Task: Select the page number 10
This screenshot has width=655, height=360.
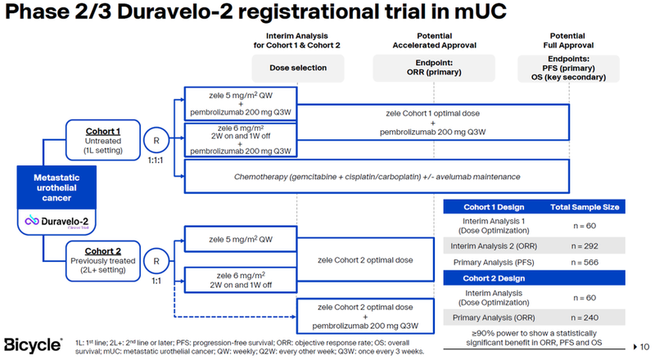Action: tap(644, 345)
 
